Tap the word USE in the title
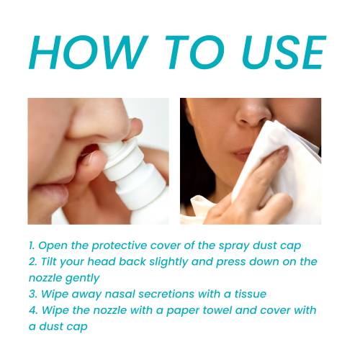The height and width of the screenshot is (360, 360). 284,53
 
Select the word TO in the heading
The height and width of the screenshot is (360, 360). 195,53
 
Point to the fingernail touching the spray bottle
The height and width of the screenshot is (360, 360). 89,157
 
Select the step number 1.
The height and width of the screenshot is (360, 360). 32,246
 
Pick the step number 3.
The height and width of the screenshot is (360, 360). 32,294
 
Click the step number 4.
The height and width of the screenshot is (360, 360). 33,310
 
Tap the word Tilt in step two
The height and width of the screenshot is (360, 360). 49,261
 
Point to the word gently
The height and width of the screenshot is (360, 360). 82,279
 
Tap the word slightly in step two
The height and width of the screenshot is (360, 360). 168,262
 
